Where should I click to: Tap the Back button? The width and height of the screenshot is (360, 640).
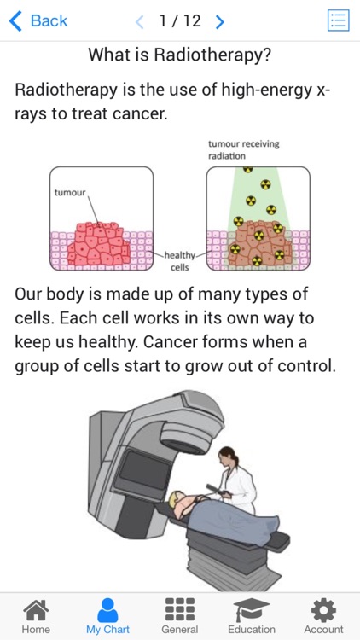click(x=38, y=20)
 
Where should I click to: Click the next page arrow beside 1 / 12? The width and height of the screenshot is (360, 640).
click(x=219, y=21)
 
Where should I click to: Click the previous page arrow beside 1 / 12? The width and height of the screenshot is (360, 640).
click(x=140, y=21)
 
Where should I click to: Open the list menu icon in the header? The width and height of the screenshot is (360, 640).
click(x=339, y=20)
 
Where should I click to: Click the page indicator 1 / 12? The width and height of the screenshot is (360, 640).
click(x=180, y=20)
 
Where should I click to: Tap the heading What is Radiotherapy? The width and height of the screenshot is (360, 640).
click(x=180, y=55)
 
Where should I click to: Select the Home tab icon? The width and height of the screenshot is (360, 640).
click(x=36, y=610)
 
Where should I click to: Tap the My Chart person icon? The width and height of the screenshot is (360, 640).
click(x=107, y=610)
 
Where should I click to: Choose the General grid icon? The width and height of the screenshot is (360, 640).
click(x=180, y=610)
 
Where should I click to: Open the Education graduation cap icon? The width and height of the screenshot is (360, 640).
click(x=252, y=610)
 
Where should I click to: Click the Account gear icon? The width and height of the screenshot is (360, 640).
click(x=323, y=610)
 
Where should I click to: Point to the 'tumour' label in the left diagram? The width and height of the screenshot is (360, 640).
click(x=70, y=192)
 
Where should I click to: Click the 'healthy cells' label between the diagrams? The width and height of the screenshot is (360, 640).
click(x=180, y=261)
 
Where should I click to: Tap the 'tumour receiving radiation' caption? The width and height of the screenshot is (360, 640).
click(x=244, y=150)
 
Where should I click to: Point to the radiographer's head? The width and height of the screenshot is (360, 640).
click(x=228, y=457)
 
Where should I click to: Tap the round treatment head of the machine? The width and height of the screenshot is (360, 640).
click(x=186, y=437)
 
